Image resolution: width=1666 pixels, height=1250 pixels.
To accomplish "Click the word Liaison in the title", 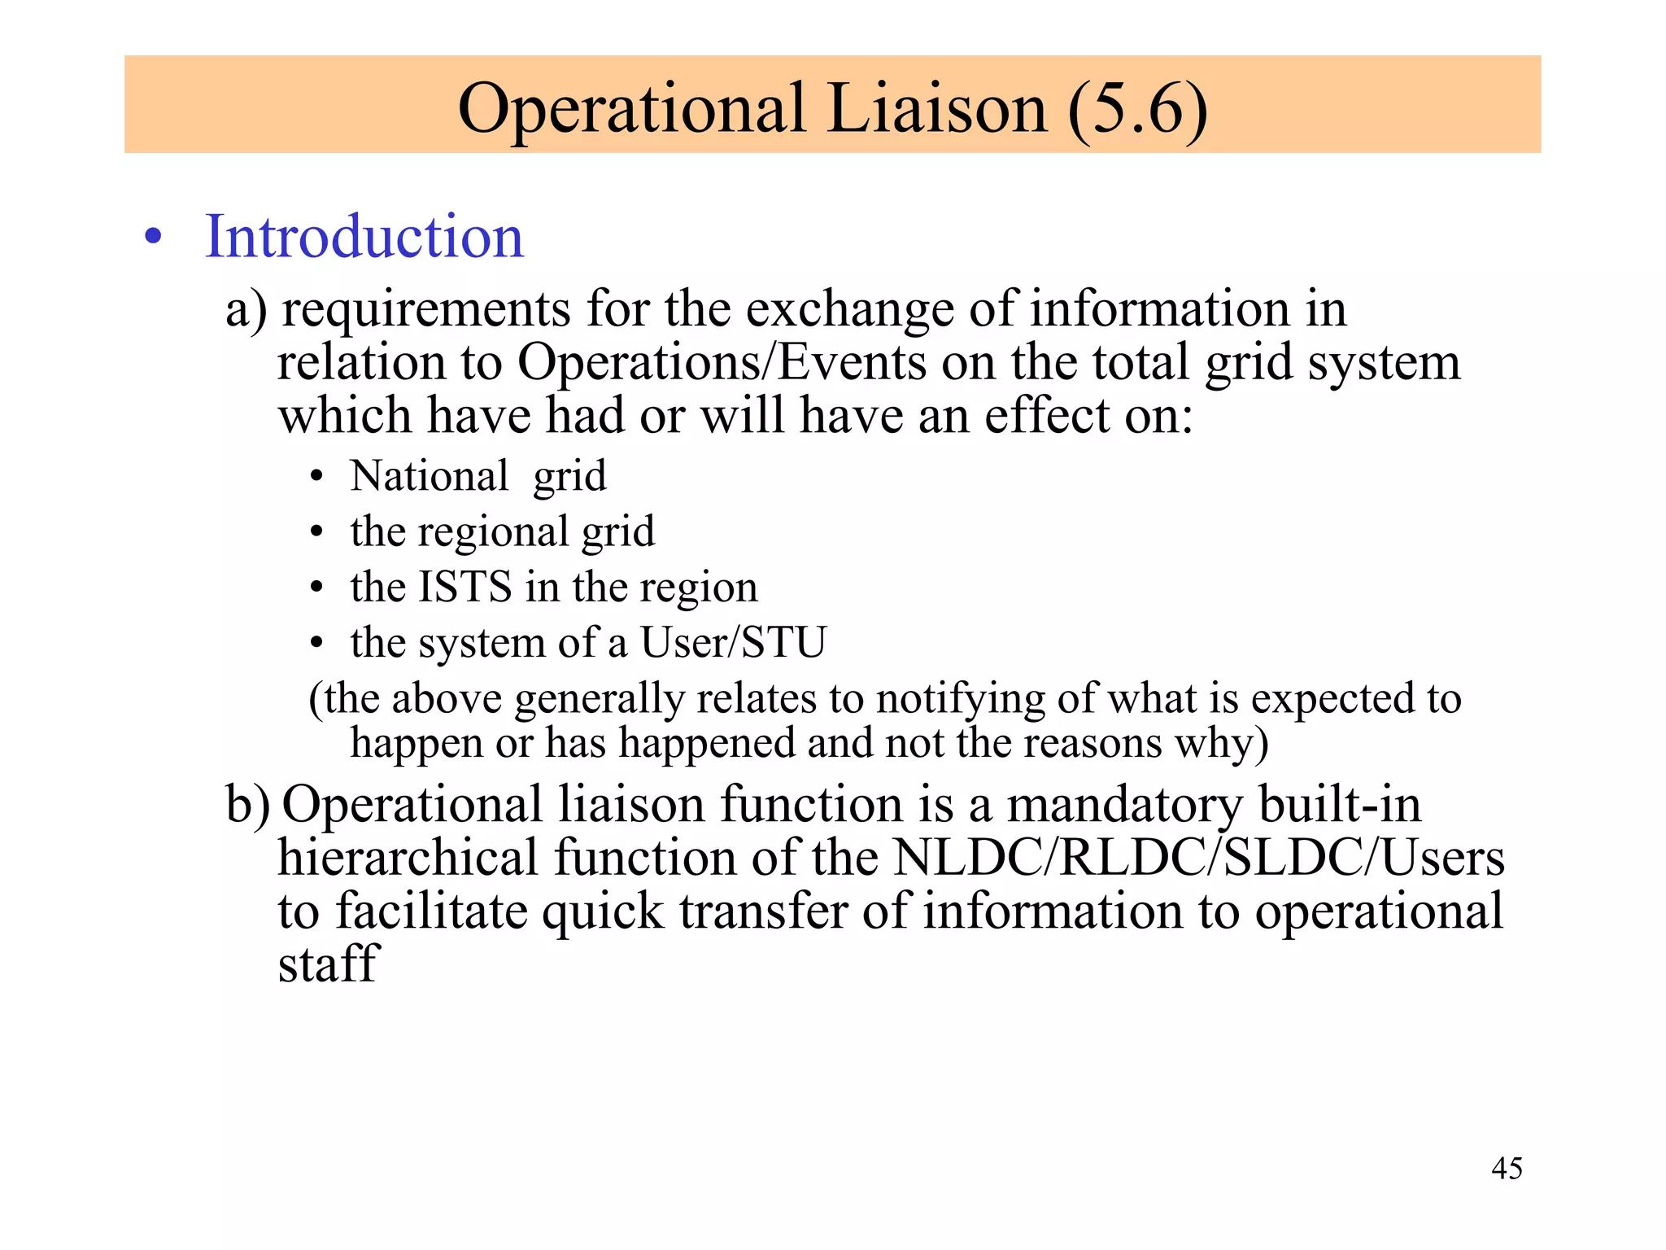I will [x=937, y=108].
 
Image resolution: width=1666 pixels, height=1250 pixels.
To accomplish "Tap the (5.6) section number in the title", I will [x=1137, y=108].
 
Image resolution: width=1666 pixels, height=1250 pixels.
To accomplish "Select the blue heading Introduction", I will [x=364, y=237].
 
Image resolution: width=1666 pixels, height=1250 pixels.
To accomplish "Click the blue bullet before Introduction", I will [x=153, y=238].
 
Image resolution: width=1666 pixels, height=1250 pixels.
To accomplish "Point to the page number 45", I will [x=1507, y=1169].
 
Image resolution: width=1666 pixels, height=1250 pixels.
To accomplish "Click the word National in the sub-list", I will [x=430, y=476].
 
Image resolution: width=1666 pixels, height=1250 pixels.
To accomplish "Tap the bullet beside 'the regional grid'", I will [x=317, y=534].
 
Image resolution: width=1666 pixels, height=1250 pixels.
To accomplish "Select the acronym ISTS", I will [x=464, y=587].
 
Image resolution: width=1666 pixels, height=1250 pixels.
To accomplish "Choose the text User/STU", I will [x=733, y=642].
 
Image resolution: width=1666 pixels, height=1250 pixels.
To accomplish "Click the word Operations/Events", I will [x=722, y=362].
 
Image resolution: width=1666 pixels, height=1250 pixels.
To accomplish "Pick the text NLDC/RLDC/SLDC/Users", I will [x=1199, y=858].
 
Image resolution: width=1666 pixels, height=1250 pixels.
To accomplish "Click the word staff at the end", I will [x=328, y=964].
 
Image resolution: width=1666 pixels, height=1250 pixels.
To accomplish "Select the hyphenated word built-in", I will [x=1340, y=804].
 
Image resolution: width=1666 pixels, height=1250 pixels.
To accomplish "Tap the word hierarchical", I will [x=408, y=858].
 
